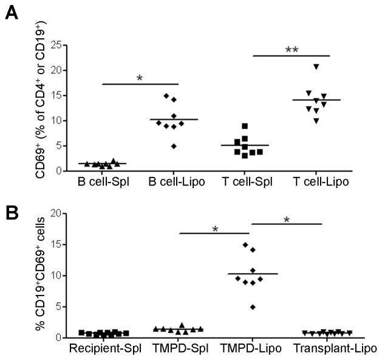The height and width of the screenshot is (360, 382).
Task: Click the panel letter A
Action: click(10, 12)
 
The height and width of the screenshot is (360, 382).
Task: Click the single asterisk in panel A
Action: click(140, 78)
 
